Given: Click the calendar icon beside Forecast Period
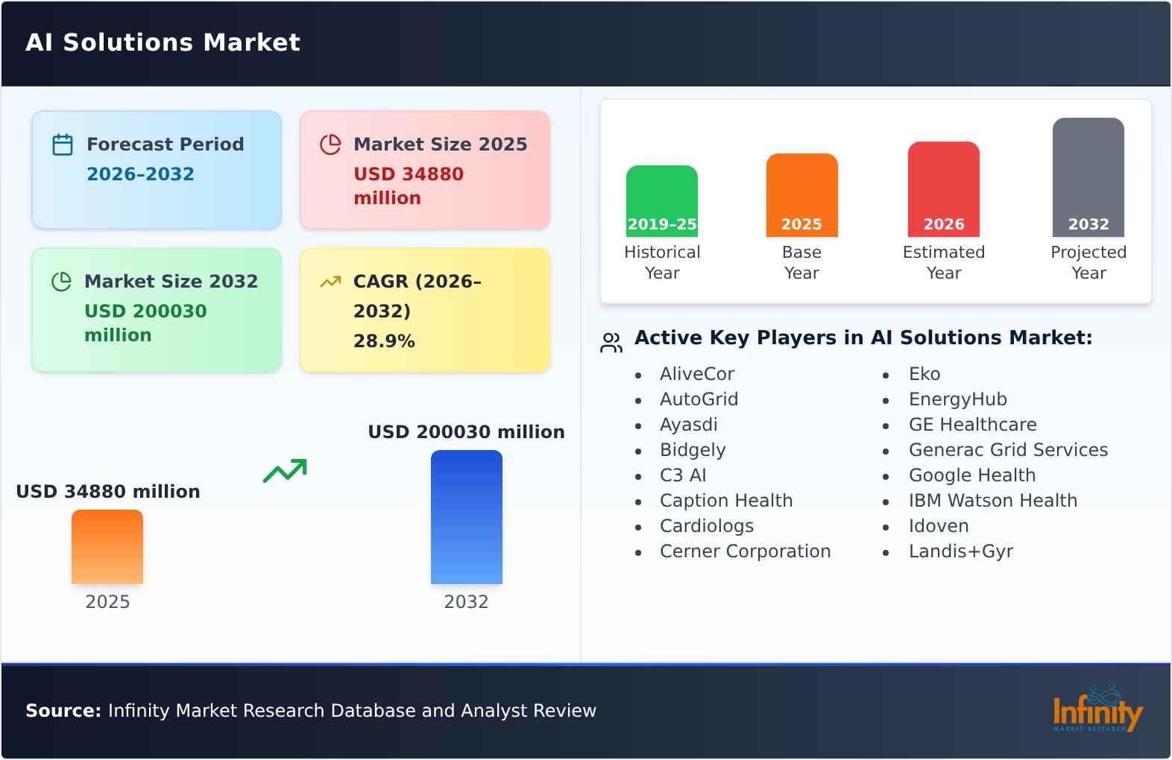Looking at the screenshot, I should click(63, 145).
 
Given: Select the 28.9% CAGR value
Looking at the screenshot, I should click(384, 341).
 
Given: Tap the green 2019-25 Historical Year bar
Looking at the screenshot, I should click(662, 201).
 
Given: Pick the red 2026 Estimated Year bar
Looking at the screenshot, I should click(943, 189).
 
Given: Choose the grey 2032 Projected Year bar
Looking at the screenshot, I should click(1088, 177).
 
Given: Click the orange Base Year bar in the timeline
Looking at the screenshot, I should click(801, 195).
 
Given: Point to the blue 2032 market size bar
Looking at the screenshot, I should click(466, 517).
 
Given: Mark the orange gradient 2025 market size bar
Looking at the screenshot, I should click(107, 547).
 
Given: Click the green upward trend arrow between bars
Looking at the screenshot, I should click(285, 471).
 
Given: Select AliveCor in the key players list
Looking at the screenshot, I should click(696, 374).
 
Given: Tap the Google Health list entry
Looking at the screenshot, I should click(971, 475).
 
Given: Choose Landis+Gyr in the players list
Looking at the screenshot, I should click(960, 551).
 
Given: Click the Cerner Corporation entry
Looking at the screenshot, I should click(745, 551).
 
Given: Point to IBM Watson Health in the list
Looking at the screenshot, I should click(992, 501).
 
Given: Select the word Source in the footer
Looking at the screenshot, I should click(63, 711).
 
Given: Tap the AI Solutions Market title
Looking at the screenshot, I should click(163, 42).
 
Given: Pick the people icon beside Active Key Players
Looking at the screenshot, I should click(611, 343).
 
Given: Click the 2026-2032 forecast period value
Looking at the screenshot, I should click(140, 174).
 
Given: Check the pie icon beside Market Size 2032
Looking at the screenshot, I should click(61, 282).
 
